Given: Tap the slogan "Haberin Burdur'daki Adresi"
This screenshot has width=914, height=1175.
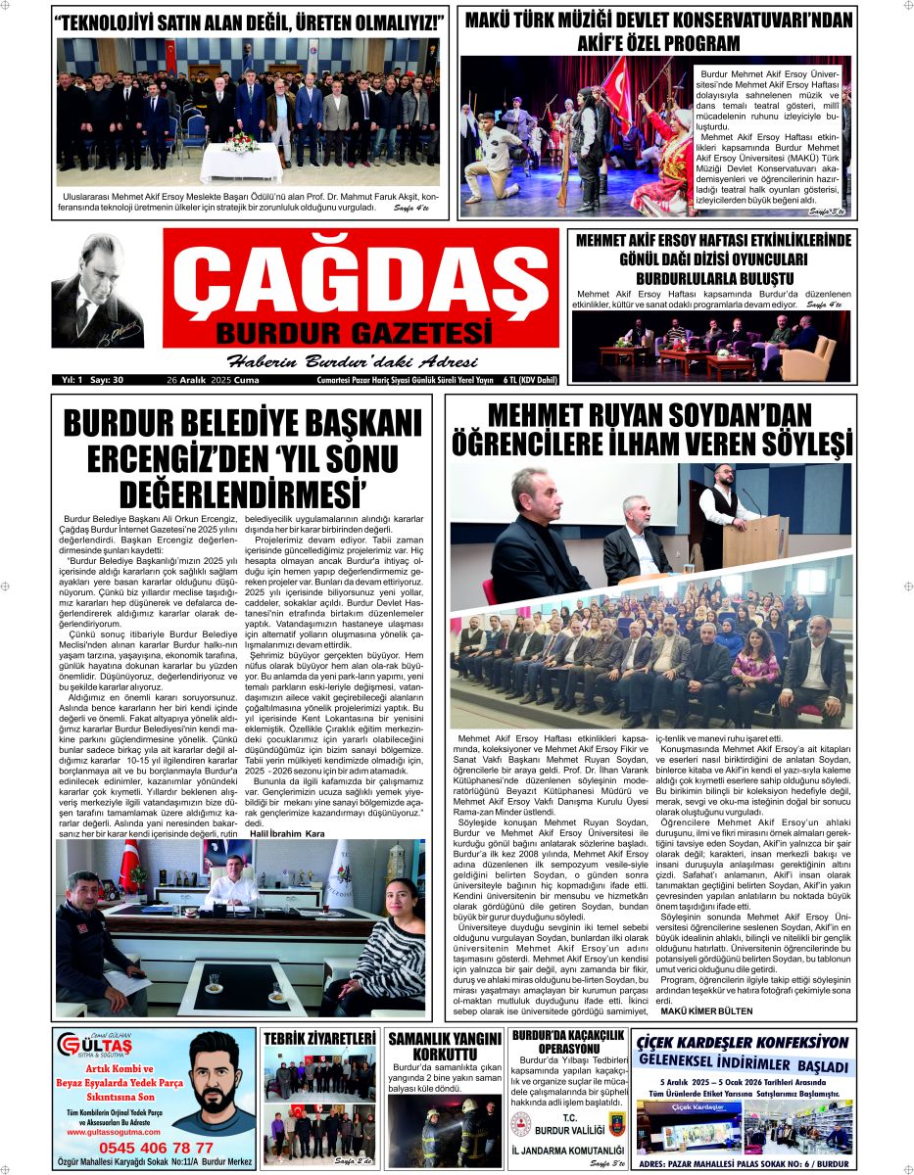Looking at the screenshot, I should [352, 360].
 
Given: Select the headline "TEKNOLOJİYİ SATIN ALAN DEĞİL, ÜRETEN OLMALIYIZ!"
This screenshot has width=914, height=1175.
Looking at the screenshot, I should [249, 23].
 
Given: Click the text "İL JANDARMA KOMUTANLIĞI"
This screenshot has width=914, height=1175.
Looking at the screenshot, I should [567, 1150].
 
